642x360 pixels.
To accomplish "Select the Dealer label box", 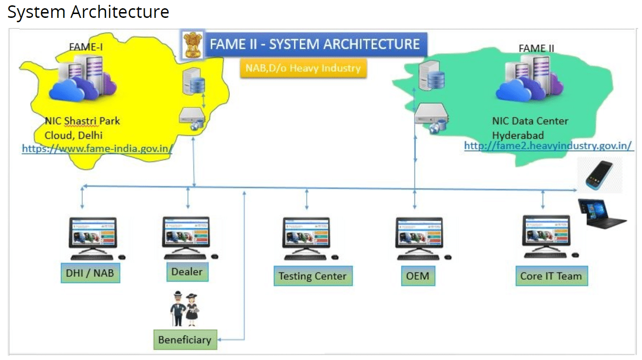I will pyautogui.click(x=187, y=272).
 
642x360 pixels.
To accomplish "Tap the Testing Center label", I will pyautogui.click(x=313, y=276).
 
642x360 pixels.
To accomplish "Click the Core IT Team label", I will pyautogui.click(x=551, y=276).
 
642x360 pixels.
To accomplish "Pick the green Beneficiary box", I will pyautogui.click(x=185, y=340).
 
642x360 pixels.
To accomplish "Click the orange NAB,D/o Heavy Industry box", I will pyautogui.click(x=303, y=68).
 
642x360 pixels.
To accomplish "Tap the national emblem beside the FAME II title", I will pyautogui.click(x=192, y=45).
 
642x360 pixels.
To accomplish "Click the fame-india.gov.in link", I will pyautogui.click(x=97, y=149).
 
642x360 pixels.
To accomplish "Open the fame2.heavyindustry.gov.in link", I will pyautogui.click(x=548, y=146).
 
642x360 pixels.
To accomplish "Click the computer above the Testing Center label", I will pyautogui.click(x=306, y=237).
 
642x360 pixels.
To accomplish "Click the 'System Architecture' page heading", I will pyautogui.click(x=88, y=12).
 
